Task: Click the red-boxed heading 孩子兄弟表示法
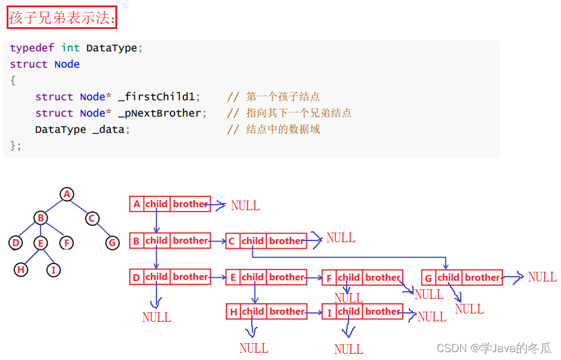point(61,18)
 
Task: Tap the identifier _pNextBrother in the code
point(162,113)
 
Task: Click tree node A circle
point(67,194)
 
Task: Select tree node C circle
point(92,218)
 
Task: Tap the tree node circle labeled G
point(112,243)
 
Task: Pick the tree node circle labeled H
point(21,269)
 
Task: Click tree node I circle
point(54,269)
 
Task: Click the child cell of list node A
point(156,204)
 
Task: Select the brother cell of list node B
point(190,241)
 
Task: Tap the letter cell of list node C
point(232,242)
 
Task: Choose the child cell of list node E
point(252,278)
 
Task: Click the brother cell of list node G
point(482,278)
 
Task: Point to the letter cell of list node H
point(233,312)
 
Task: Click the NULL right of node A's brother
point(245,205)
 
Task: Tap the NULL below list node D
point(156,317)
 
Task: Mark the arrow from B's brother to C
point(218,241)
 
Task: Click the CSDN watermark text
point(493,348)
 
